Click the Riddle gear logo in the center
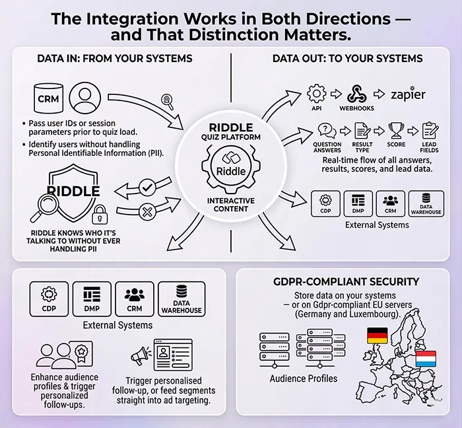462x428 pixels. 231,164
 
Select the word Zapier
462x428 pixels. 409,94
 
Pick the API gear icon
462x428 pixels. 317,93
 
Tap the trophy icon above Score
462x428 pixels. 395,130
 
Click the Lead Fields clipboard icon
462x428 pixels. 429,130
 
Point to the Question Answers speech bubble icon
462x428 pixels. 327,130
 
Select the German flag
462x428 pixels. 377,335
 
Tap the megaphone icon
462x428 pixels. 139,357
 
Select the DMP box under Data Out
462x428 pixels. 359,203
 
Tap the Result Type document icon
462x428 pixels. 362,130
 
